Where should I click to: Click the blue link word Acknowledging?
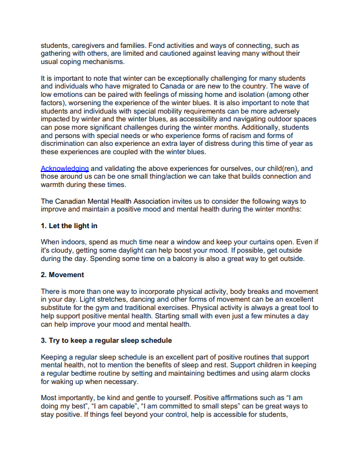click(x=65, y=169)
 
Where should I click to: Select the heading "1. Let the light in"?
click(x=70, y=226)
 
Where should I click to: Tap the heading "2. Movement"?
click(x=63, y=275)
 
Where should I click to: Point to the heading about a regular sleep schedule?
click(x=106, y=340)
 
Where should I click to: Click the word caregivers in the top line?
click(x=88, y=46)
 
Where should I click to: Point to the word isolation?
click(x=241, y=95)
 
